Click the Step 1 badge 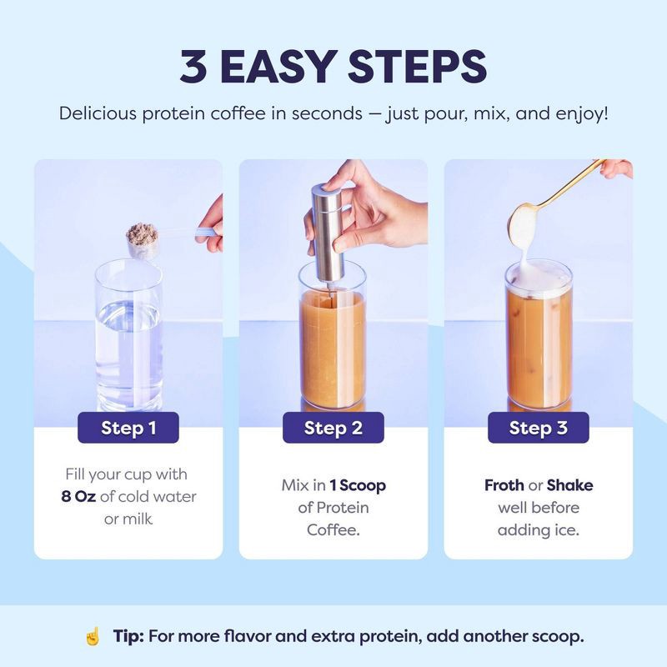click(x=128, y=428)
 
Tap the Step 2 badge click(x=333, y=428)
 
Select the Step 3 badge click(x=538, y=428)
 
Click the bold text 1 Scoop click(x=358, y=485)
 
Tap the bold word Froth click(x=504, y=485)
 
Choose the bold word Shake click(x=570, y=485)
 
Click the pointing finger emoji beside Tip click(x=93, y=637)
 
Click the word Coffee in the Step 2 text click(x=333, y=530)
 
